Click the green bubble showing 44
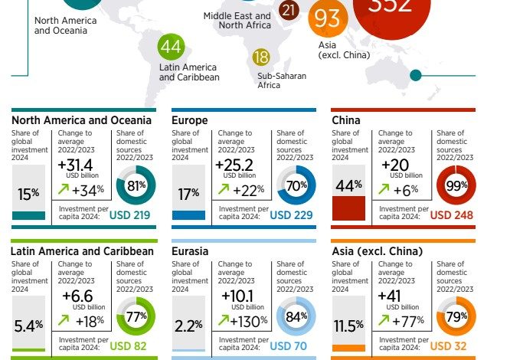coord(172,47)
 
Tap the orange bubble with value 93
coord(327,18)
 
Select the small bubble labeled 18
coord(262,57)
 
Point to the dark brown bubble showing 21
coord(289,10)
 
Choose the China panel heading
coord(346,120)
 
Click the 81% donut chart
coord(136,185)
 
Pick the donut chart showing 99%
coord(456,185)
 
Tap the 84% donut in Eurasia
coord(296,316)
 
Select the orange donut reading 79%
coord(456,316)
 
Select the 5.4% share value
coord(28,326)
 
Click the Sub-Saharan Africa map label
coord(279,80)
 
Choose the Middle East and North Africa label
coord(237,21)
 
